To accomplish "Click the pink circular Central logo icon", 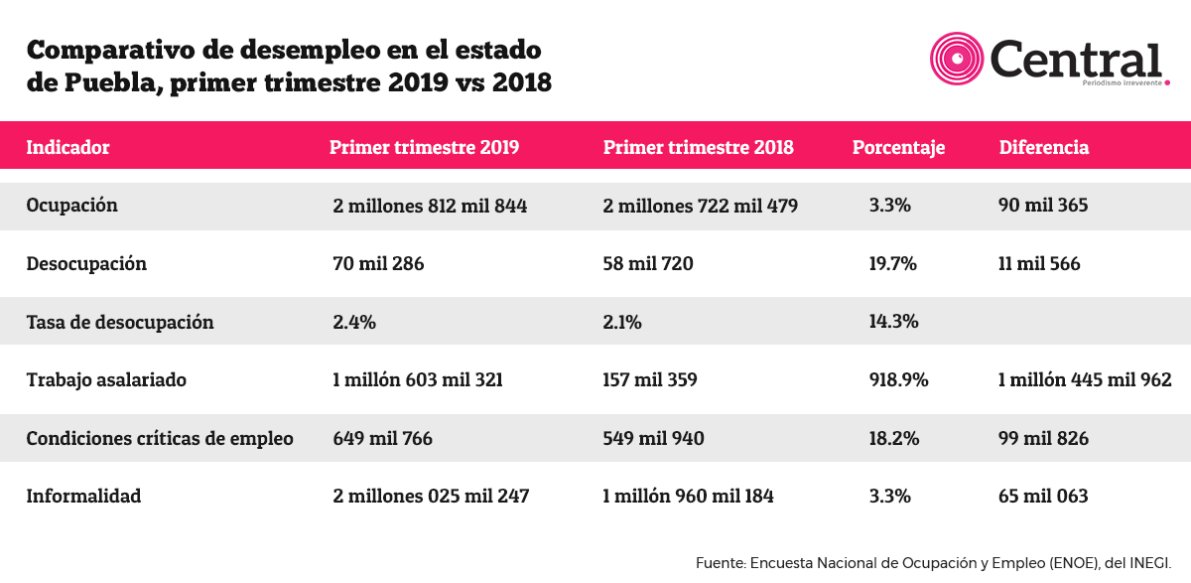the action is click(x=957, y=59).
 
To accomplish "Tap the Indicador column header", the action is click(x=67, y=147).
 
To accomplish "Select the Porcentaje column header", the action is click(x=898, y=148).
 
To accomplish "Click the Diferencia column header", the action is click(x=1044, y=147).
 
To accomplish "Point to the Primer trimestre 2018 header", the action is click(x=698, y=147).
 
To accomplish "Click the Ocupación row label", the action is click(x=71, y=206).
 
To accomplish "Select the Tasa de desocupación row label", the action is click(x=120, y=323).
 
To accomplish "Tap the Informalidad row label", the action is click(x=83, y=496).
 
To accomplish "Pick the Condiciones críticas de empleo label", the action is click(x=160, y=438).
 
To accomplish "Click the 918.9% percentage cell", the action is click(x=898, y=379).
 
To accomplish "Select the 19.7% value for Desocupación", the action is click(x=892, y=264).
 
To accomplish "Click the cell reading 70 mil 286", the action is click(x=378, y=264).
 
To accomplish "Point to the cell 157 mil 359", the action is click(x=650, y=379).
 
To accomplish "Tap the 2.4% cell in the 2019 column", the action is click(x=354, y=323).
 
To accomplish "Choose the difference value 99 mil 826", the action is click(x=1043, y=438).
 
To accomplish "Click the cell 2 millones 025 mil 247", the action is click(x=431, y=496).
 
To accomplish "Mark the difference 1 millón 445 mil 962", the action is click(x=1085, y=379).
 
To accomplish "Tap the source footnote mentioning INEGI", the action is click(x=933, y=563).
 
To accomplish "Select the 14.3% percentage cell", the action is click(x=893, y=321).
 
